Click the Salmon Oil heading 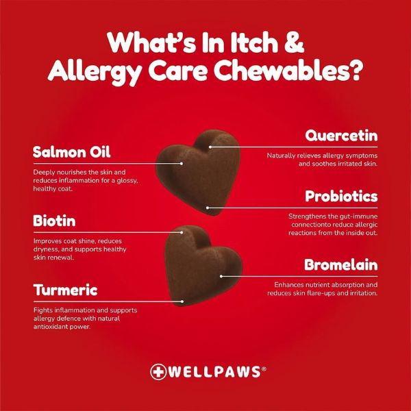(71, 151)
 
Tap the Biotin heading (54, 221)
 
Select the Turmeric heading (65, 290)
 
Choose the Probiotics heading (341, 197)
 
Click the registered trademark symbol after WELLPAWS (264, 369)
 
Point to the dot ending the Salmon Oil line (182, 164)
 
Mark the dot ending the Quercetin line (210, 147)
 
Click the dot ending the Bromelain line (221, 276)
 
